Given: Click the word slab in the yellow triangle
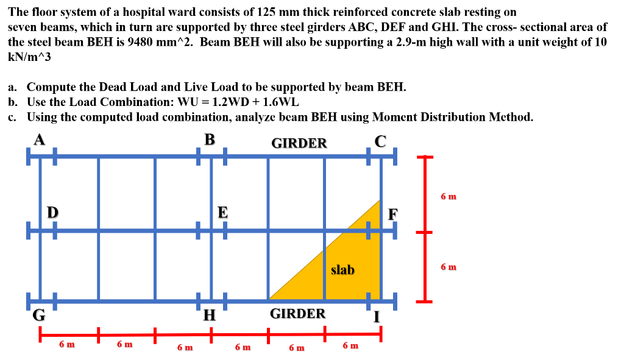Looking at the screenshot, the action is pyautogui.click(x=342, y=270).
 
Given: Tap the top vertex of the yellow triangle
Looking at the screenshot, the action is pyautogui.click(x=379, y=200).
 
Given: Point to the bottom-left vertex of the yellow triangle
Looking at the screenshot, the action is pyautogui.click(x=270, y=298).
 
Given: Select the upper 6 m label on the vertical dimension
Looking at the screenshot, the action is pyautogui.click(x=448, y=197).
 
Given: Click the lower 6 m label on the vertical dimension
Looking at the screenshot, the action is pyautogui.click(x=448, y=267).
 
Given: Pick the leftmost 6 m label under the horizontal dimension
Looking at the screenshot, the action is pyautogui.click(x=66, y=344).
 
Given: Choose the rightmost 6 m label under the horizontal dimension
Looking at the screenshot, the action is pyautogui.click(x=350, y=345).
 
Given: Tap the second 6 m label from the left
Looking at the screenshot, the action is pyautogui.click(x=124, y=344).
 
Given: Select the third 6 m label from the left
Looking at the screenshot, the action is pyautogui.click(x=185, y=347).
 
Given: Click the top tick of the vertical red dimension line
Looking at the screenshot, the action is pyautogui.click(x=425, y=157).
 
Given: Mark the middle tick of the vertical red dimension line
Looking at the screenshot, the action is pyautogui.click(x=425, y=232).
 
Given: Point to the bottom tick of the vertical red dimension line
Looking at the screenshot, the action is pyautogui.click(x=425, y=302).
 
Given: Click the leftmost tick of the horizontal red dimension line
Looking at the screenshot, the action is pyautogui.click(x=40, y=334).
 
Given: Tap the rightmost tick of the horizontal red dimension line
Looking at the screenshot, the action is pyautogui.click(x=381, y=334).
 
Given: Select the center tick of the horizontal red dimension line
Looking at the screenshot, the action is pyautogui.click(x=211, y=334).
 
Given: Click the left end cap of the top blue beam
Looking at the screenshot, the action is pyautogui.click(x=28, y=157).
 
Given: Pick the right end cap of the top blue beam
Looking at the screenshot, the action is pyautogui.click(x=395, y=157).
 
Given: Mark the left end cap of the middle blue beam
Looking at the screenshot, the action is pyautogui.click(x=28, y=231).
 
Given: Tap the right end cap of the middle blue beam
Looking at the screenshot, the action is pyautogui.click(x=395, y=231).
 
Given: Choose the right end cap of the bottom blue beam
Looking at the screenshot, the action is pyautogui.click(x=395, y=302).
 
